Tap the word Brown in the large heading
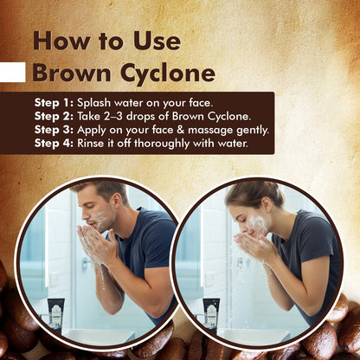[x=66, y=72]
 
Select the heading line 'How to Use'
[x=106, y=41]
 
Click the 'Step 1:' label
[x=55, y=102]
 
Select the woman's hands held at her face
[x=254, y=244]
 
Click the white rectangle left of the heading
[x=12, y=72]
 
